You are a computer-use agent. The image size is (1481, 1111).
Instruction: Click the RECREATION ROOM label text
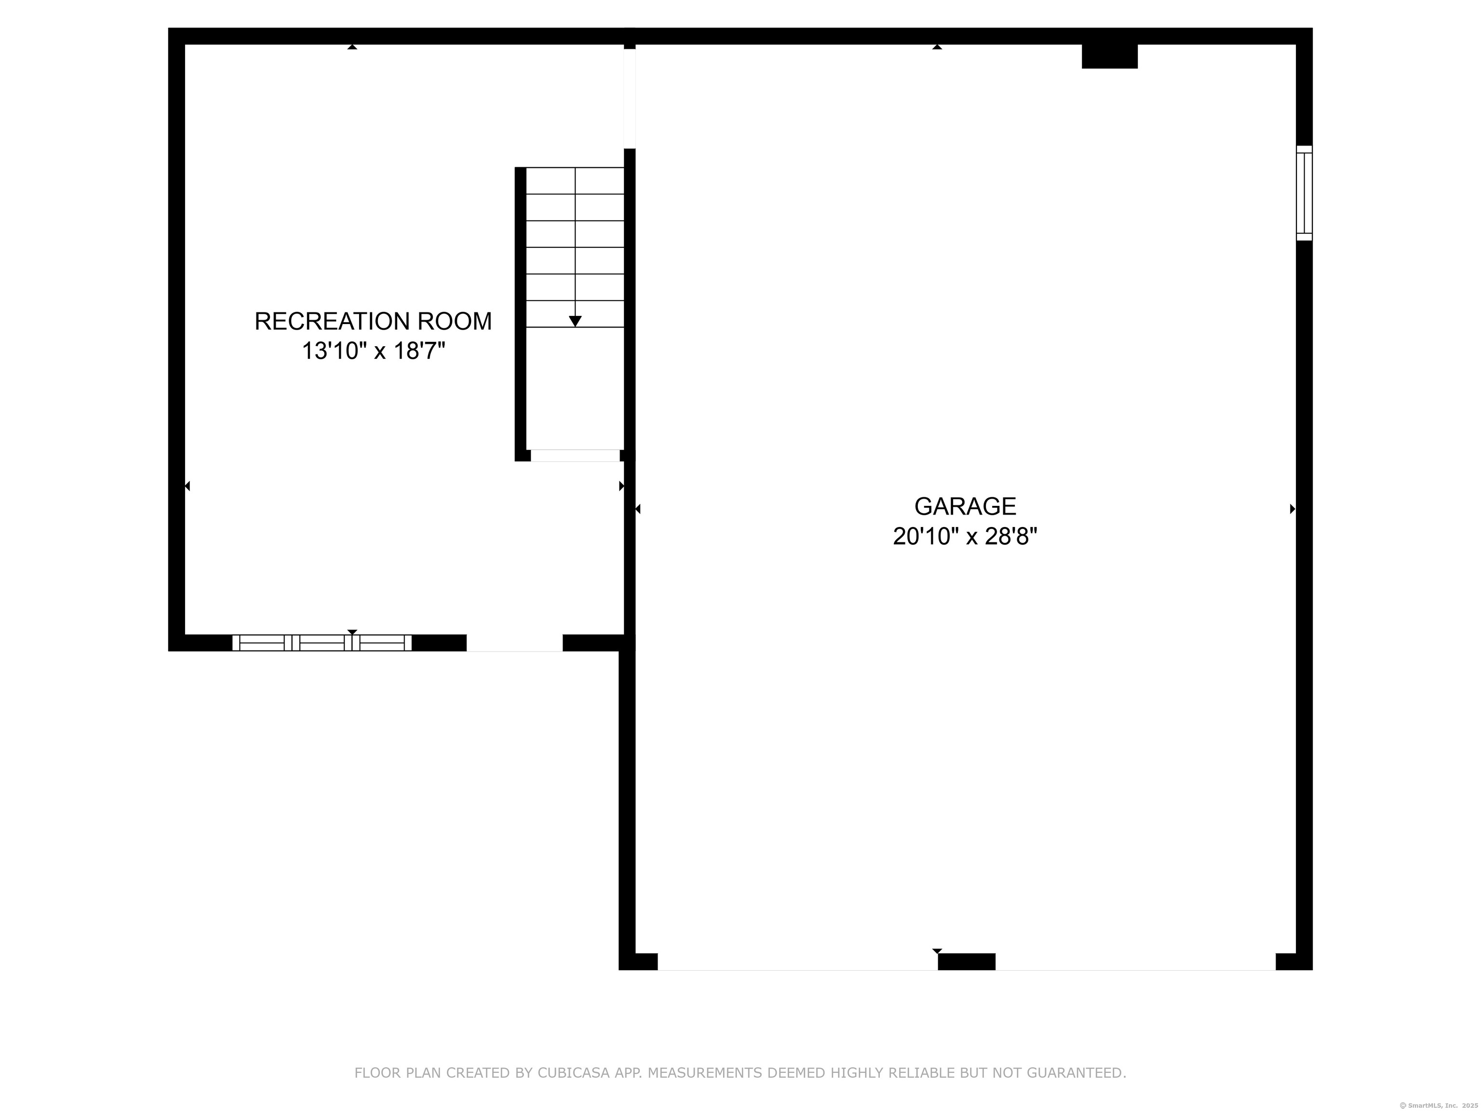click(x=373, y=322)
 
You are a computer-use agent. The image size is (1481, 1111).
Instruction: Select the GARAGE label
click(x=965, y=506)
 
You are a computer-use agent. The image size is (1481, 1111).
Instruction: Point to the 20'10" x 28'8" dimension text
click(x=965, y=536)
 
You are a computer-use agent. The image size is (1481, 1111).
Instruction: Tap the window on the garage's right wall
click(x=1304, y=193)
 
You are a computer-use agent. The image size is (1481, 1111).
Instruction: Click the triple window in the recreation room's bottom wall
click(x=322, y=643)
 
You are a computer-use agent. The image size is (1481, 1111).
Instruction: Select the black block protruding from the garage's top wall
click(x=1109, y=56)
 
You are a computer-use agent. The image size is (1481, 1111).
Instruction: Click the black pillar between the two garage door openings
click(x=966, y=961)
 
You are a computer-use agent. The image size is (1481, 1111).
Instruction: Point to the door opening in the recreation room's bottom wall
click(x=514, y=643)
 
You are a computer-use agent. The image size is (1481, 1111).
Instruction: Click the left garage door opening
click(x=797, y=962)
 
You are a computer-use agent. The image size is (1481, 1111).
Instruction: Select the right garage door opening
click(x=1135, y=962)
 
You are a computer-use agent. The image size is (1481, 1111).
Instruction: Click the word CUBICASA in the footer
click(x=574, y=1073)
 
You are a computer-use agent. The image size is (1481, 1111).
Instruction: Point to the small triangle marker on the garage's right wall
click(x=1292, y=509)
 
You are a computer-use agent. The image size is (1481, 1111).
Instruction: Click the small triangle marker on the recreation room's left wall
click(x=188, y=486)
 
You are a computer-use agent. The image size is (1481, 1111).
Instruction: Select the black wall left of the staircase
click(x=520, y=313)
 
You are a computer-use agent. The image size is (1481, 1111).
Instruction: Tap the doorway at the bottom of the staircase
click(x=575, y=455)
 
